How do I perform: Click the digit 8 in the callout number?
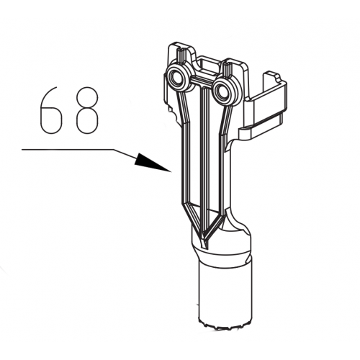(x=87, y=110)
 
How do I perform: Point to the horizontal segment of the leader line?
(x=68, y=150)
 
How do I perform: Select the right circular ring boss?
(x=223, y=92)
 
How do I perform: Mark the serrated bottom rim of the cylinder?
(x=225, y=324)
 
